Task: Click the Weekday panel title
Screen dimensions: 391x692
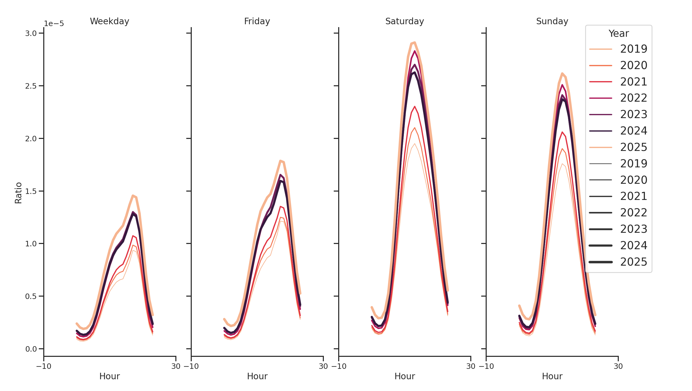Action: [x=109, y=21]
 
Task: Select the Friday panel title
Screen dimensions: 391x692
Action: [x=257, y=21]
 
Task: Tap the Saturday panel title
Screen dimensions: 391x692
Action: [x=404, y=21]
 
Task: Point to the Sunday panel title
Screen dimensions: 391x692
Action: [x=552, y=21]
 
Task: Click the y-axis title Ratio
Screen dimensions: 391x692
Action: [x=18, y=193]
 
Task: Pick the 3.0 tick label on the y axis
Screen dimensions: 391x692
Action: [x=31, y=34]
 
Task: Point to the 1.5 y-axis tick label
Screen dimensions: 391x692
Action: [x=31, y=191]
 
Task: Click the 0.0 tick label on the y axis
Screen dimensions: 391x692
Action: [x=31, y=349]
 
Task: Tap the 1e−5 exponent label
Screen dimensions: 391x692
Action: [x=54, y=24]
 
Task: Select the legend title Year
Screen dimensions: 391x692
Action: [x=618, y=34]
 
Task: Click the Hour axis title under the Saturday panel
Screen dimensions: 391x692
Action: [x=404, y=376]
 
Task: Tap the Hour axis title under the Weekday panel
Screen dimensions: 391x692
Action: [x=109, y=376]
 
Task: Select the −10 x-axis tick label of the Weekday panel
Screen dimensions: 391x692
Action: [x=44, y=366]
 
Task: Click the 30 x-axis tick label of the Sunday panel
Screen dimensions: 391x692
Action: [x=618, y=366]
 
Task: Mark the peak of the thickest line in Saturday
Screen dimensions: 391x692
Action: [x=415, y=42]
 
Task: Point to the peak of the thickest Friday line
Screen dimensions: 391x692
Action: [x=280, y=161]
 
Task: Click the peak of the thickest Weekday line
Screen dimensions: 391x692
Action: [x=133, y=196]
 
